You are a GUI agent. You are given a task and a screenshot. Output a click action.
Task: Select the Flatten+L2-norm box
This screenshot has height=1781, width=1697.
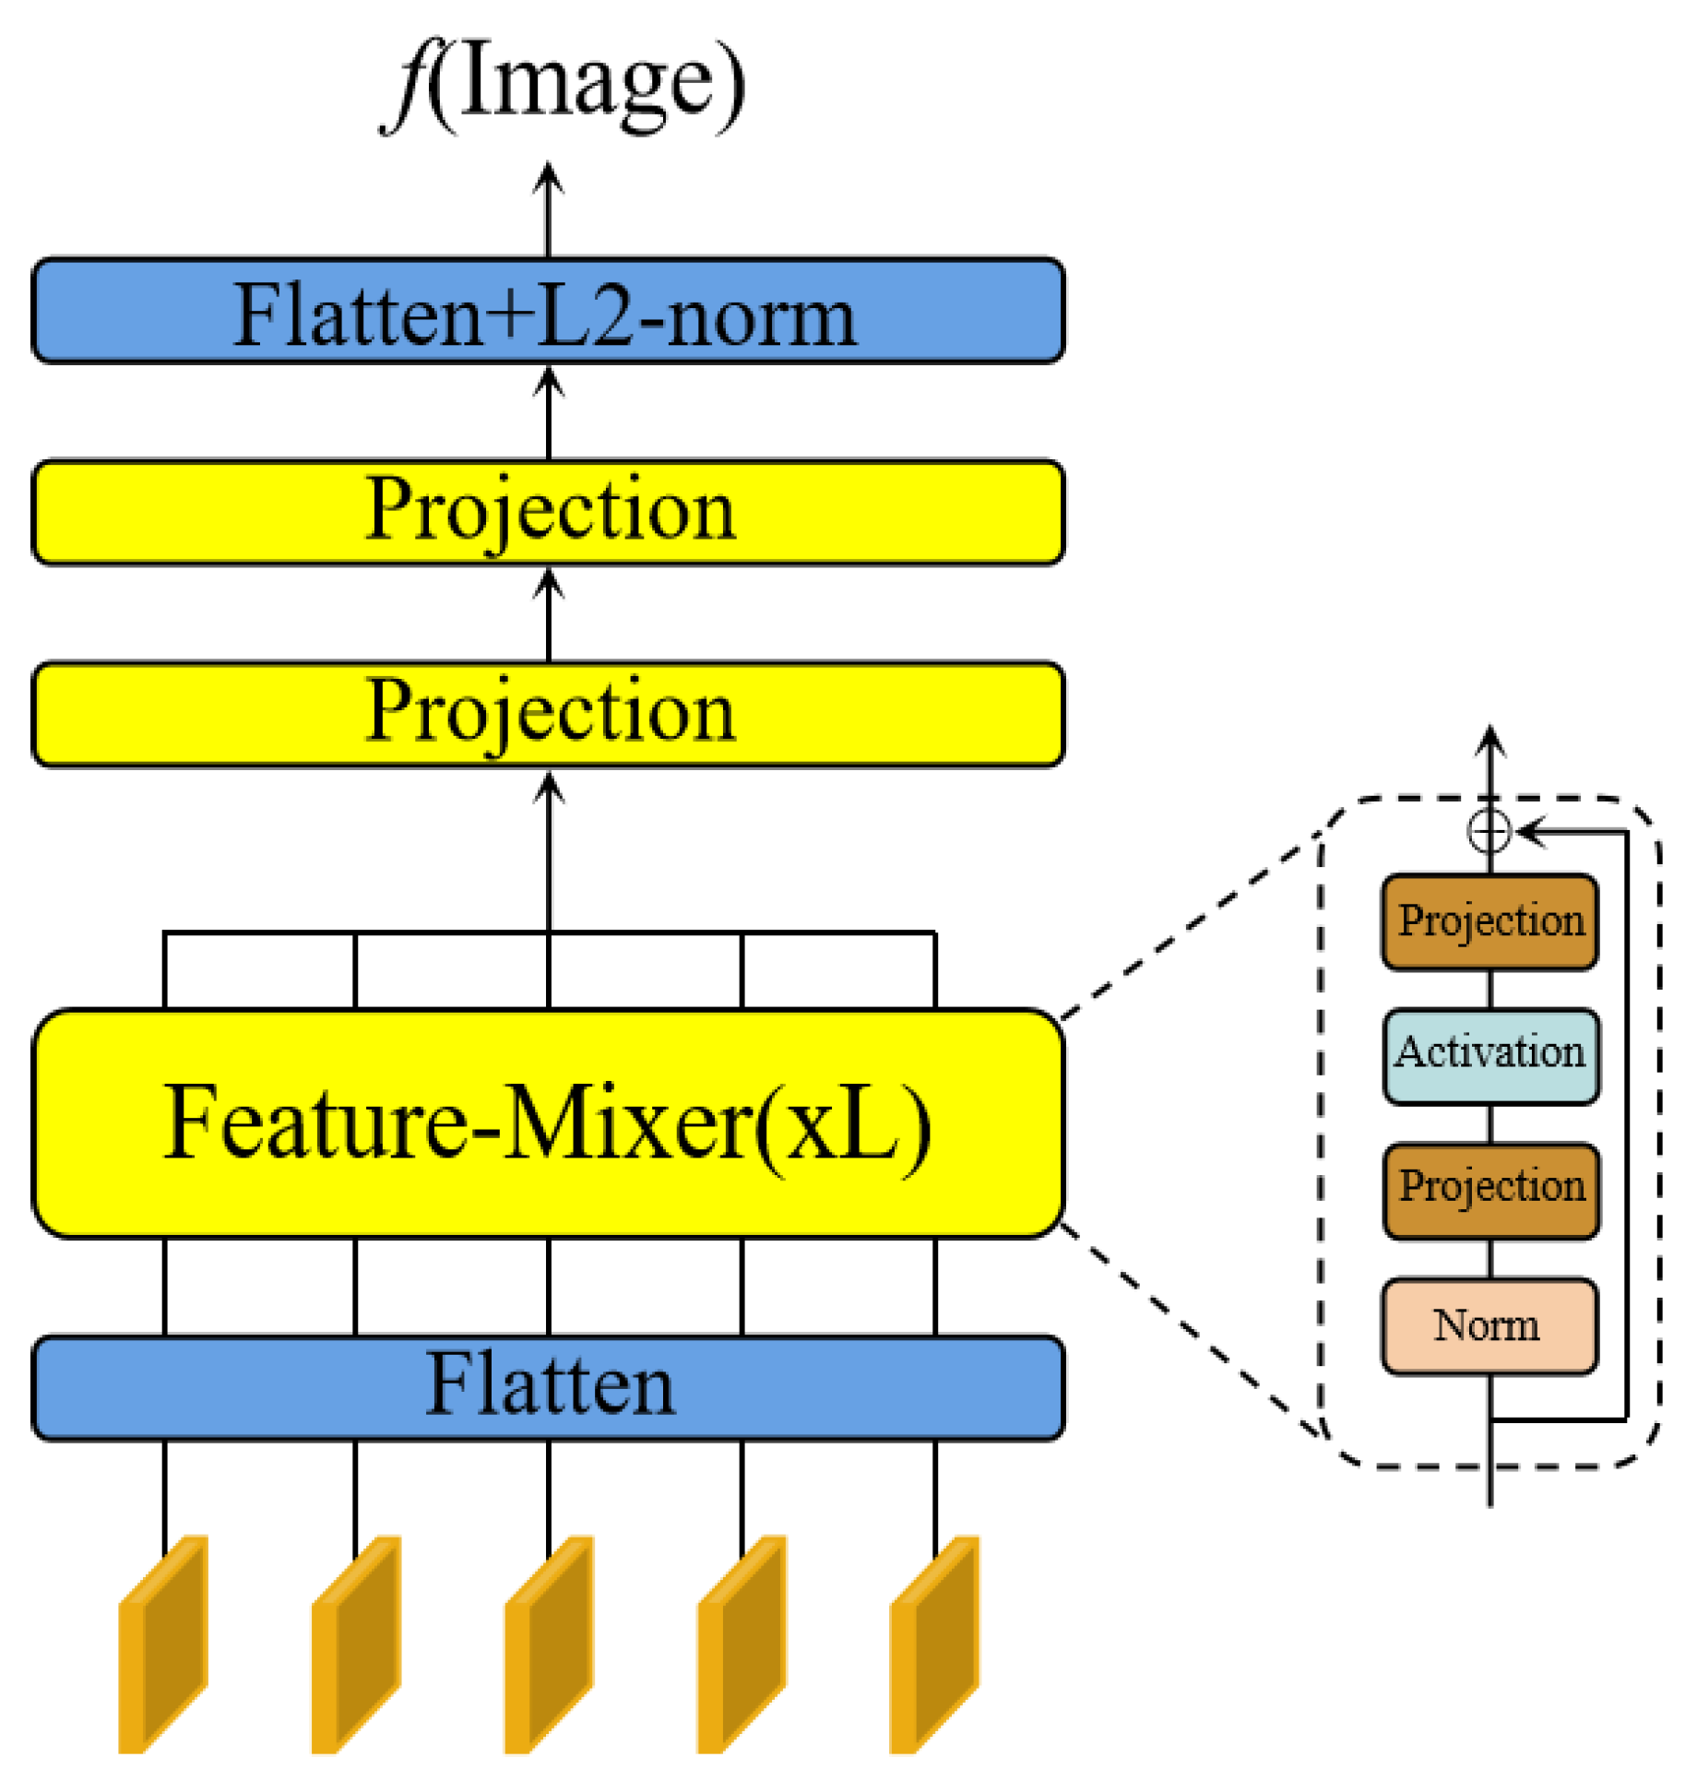(x=548, y=311)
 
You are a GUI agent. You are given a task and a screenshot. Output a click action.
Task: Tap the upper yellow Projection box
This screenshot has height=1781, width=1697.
(x=548, y=512)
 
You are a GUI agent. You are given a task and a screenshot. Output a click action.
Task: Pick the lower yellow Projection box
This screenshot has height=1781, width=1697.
(x=548, y=714)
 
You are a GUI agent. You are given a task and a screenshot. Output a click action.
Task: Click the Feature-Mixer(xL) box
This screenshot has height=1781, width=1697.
(x=548, y=1122)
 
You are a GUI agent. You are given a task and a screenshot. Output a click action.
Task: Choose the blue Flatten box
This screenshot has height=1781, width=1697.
(x=548, y=1386)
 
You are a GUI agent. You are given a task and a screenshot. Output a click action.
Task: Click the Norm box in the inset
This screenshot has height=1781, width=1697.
(x=1489, y=1325)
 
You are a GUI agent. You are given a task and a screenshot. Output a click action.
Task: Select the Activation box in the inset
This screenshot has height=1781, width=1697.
(x=1490, y=1056)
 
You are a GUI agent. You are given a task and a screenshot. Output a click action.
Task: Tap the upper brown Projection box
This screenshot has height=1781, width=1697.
(x=1489, y=921)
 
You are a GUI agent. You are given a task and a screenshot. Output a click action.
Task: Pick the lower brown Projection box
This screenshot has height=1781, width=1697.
(x=1490, y=1190)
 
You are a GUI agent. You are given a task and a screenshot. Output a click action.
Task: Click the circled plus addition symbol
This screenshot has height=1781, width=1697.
(x=1489, y=832)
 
